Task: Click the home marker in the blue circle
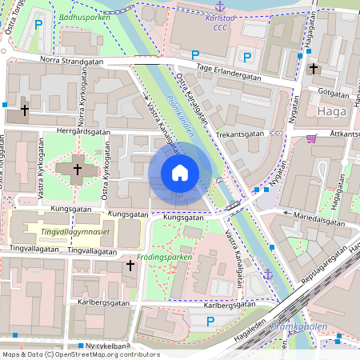(180, 173)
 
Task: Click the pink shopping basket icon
(311, 138)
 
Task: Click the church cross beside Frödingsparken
(130, 264)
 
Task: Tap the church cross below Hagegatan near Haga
(314, 70)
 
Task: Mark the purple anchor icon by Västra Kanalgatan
(268, 275)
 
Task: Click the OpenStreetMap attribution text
(80, 354)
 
